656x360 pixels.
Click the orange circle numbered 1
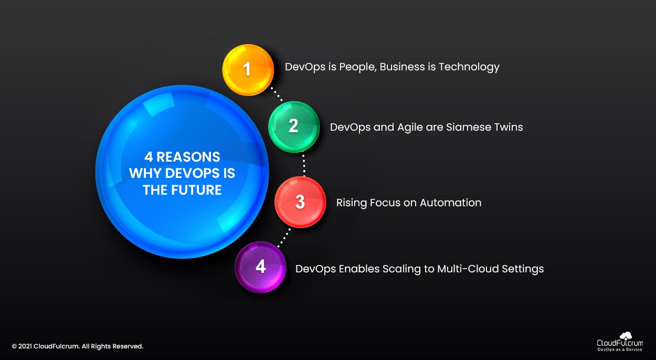click(x=248, y=70)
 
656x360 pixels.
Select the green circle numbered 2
click(x=294, y=126)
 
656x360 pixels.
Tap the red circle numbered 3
click(x=300, y=202)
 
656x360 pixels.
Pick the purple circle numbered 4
click(x=260, y=267)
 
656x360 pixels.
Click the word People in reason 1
click(x=357, y=67)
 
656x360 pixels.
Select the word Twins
click(x=507, y=127)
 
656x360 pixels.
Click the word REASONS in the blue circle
click(x=188, y=156)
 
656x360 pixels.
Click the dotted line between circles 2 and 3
click(x=303, y=164)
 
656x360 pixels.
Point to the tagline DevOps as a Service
click(x=619, y=350)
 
